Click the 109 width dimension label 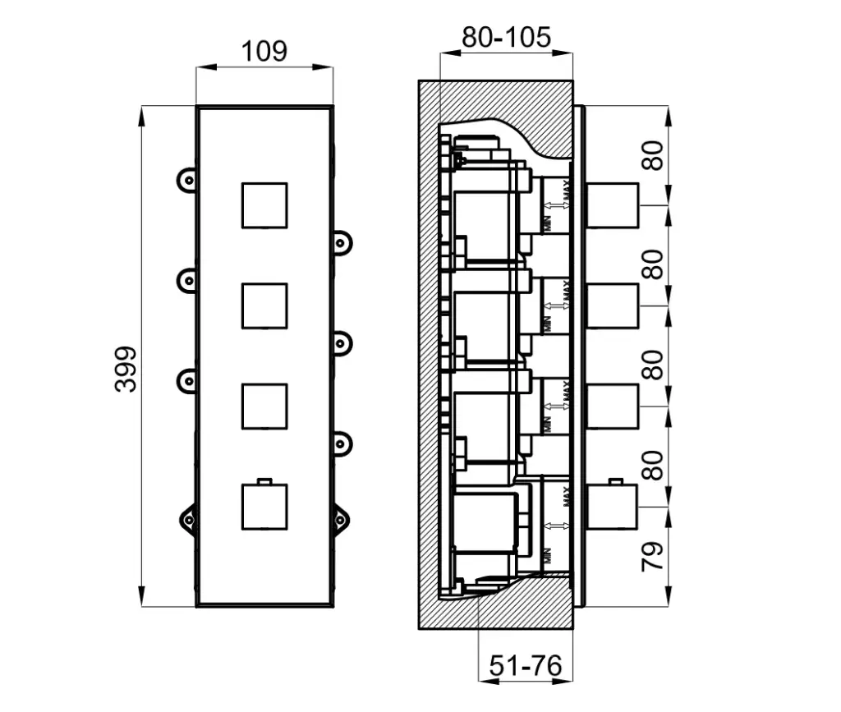264,51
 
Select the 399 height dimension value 126,369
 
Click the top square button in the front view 264,205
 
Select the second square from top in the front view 264,305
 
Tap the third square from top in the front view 264,406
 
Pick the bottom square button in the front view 264,506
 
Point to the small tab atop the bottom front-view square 264,480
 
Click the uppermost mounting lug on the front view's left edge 187,179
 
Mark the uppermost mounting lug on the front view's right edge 341,243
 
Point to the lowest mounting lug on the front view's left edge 187,518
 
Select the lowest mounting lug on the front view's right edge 341,518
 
